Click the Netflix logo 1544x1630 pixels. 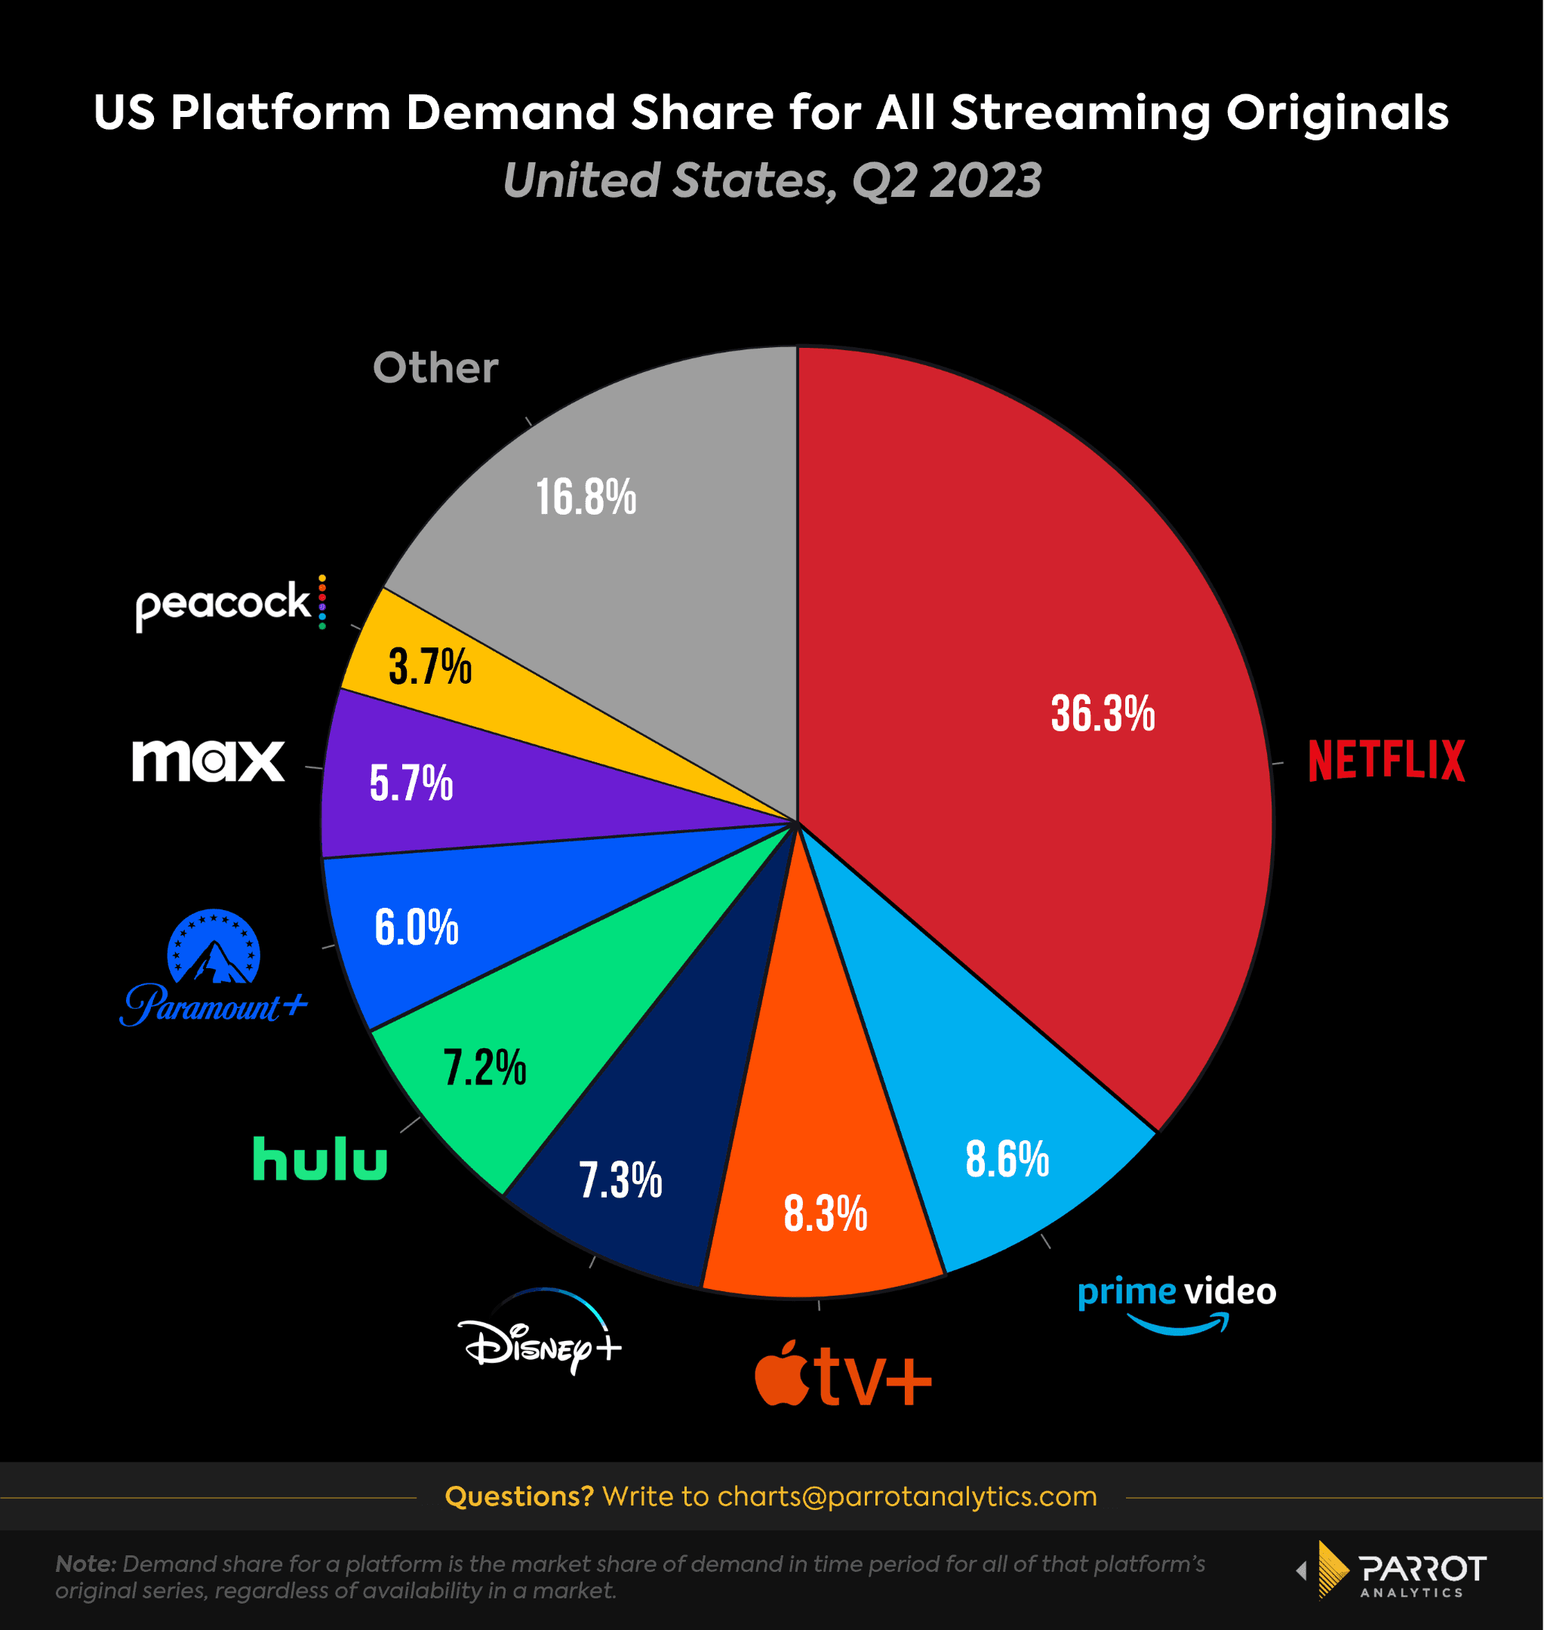coord(1386,759)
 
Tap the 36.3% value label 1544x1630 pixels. coord(1103,713)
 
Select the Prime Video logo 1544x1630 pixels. coord(1177,1303)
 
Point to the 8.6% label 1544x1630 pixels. coord(1007,1159)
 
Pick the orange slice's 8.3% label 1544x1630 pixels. coord(825,1213)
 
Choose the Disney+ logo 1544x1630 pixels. coord(540,1336)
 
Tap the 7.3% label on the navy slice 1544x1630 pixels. coord(620,1180)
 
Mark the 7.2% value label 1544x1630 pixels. coord(484,1068)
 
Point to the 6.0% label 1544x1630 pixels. coord(417,927)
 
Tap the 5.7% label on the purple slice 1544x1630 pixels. coord(411,783)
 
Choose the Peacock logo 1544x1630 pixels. coord(230,603)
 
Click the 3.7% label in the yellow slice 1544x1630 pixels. coord(429,666)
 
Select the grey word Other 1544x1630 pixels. coord(435,368)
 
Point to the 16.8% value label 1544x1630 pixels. coord(586,498)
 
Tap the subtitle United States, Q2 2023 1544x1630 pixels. coord(772,180)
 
